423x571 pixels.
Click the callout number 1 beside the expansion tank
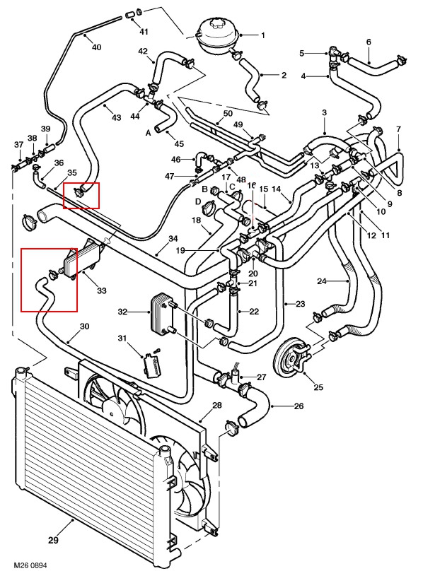point(263,35)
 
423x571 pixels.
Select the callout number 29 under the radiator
point(53,540)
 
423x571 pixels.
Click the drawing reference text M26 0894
point(30,565)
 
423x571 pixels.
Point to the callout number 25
point(318,387)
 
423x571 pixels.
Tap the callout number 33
point(102,290)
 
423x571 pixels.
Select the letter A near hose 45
point(148,133)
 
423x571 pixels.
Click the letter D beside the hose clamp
point(198,201)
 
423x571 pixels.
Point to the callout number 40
point(97,47)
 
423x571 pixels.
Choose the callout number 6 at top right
point(369,42)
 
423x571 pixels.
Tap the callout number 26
point(299,406)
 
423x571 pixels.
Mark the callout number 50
point(228,113)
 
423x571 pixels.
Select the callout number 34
point(173,239)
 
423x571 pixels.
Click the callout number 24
point(322,281)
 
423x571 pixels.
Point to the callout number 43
point(116,117)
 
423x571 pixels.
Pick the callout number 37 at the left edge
point(18,145)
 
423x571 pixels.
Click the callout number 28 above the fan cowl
point(217,405)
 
